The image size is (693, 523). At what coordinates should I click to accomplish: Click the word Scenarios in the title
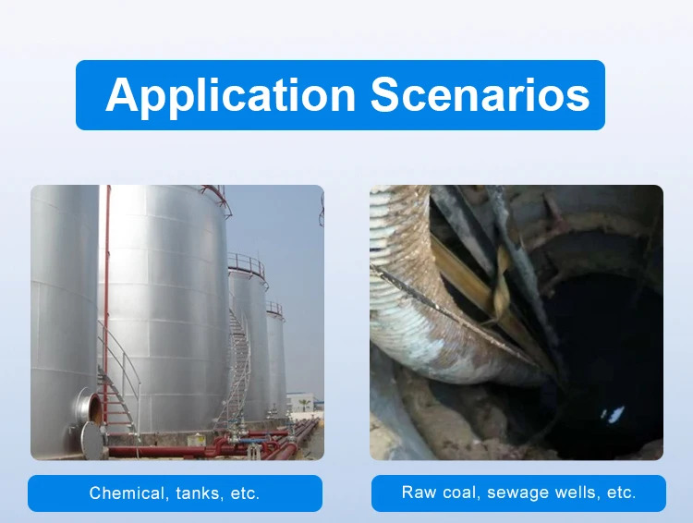pos(480,94)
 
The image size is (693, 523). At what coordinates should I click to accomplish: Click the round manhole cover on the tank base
pos(92,441)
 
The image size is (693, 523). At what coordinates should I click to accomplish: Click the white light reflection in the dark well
pos(612,414)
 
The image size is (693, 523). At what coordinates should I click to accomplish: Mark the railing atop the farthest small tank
pos(274,309)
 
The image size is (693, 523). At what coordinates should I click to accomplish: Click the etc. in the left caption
pos(245,493)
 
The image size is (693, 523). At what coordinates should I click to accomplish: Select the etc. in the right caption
pos(622,493)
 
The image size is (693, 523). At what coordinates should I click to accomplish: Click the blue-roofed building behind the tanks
pos(305,402)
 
